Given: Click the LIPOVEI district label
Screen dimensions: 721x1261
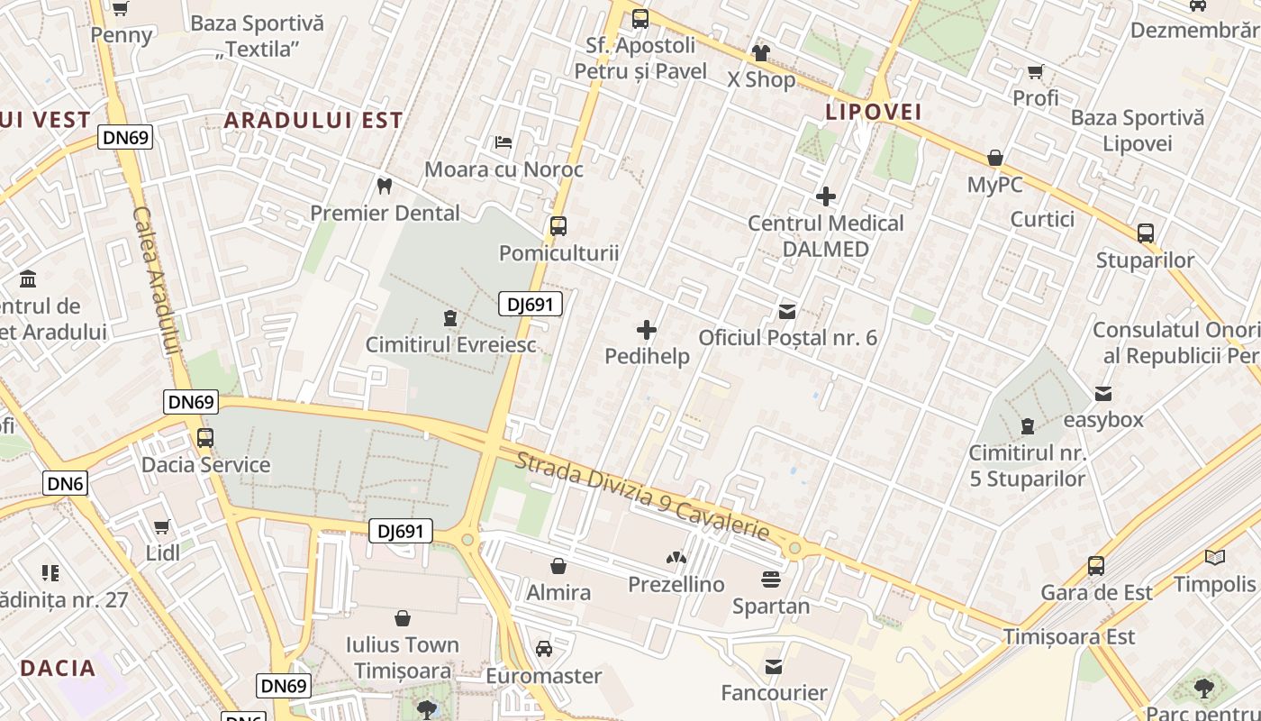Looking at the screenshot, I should (874, 112).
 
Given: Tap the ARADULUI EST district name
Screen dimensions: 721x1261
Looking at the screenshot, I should (313, 120).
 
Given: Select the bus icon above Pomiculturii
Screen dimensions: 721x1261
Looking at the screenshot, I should (558, 226).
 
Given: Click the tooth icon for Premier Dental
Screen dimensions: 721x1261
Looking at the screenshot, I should (385, 187).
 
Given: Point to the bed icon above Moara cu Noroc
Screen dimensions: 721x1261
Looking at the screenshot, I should (503, 142).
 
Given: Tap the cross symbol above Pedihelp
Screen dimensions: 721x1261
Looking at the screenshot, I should (647, 330).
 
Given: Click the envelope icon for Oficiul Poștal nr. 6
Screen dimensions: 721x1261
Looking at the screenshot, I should (787, 312).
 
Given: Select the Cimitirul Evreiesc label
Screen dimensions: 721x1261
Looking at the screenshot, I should (450, 344).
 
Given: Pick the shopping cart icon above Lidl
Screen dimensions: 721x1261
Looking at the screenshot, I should (162, 526).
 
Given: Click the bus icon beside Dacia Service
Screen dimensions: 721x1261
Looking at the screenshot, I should (205, 438).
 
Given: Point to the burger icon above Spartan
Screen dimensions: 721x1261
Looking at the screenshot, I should (770, 579).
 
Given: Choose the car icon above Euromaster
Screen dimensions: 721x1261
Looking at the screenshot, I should (544, 649).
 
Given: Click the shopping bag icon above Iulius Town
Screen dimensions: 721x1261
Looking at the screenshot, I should (403, 618).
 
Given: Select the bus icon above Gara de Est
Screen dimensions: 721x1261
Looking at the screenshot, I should (1096, 566).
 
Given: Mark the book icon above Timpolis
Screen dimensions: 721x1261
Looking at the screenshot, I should (1215, 557).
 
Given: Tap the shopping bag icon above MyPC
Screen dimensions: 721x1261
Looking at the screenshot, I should (995, 159).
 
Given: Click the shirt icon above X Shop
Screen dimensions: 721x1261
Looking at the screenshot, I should (761, 53).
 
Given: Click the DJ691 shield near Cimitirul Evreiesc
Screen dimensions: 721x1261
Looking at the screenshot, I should (531, 305).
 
